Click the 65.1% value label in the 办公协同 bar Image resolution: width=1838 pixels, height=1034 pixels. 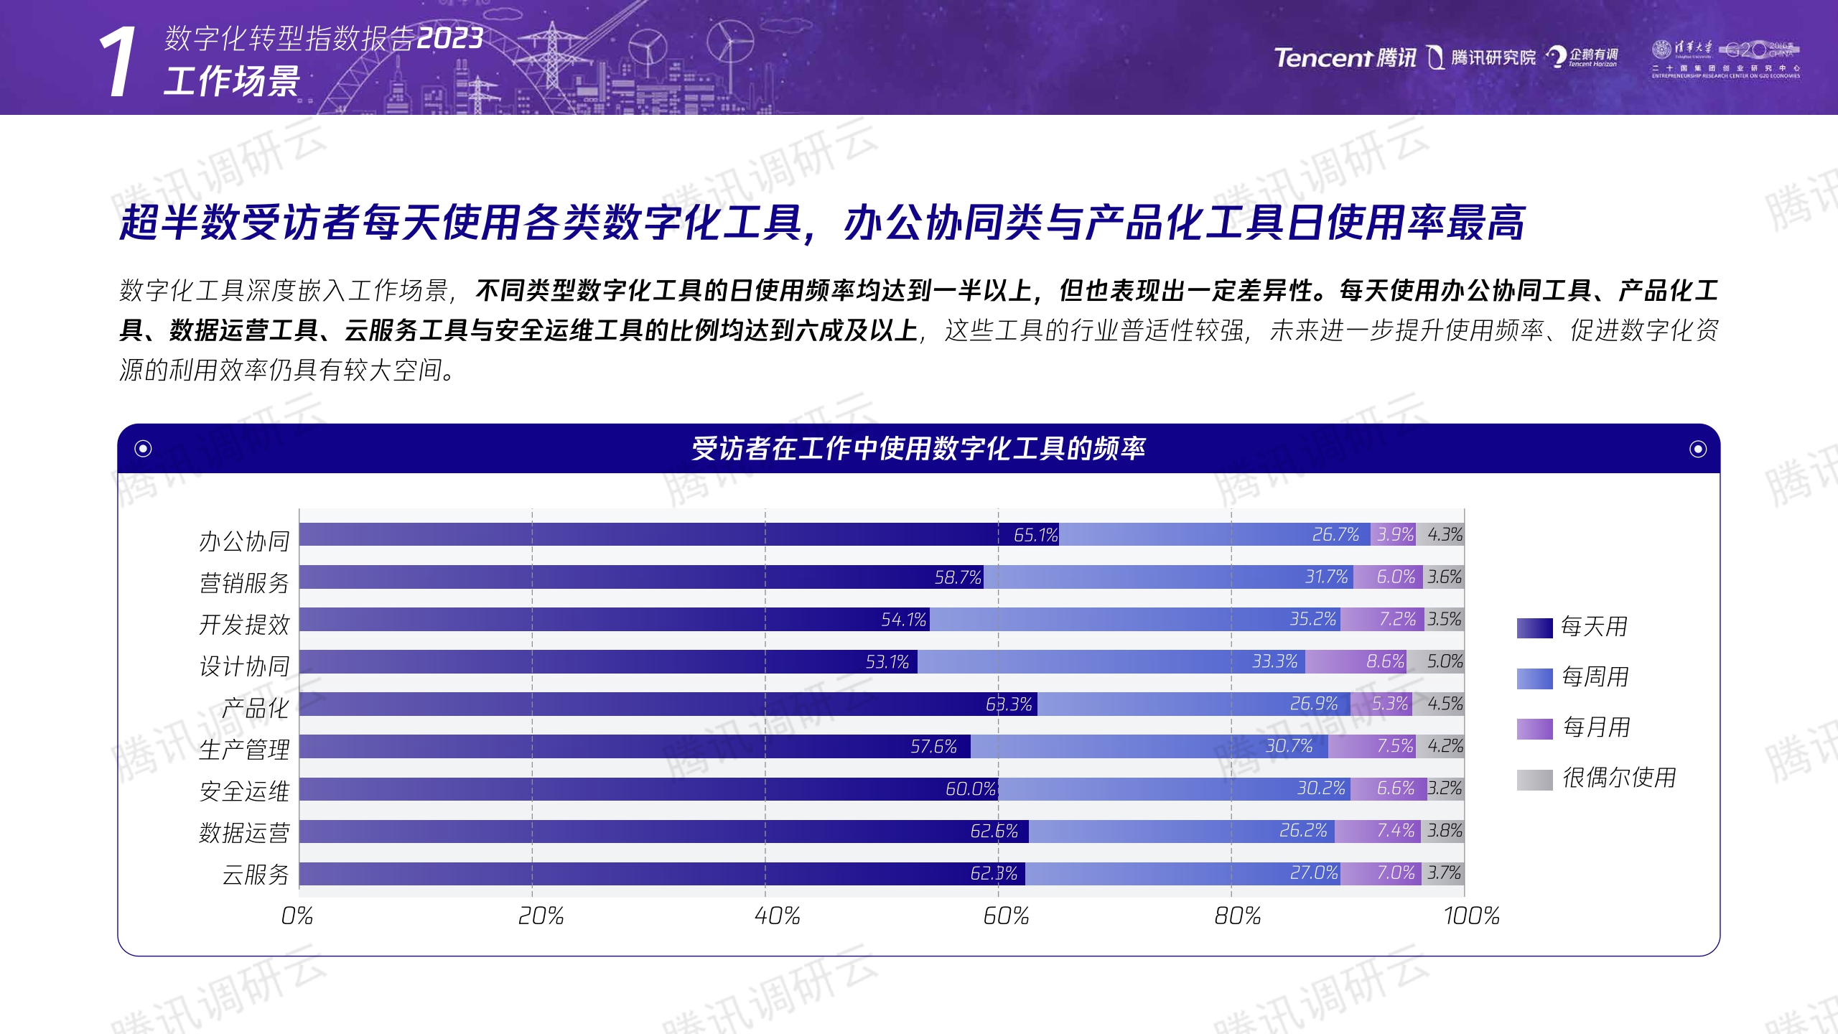(1035, 535)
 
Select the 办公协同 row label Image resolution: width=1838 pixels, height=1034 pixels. (244, 541)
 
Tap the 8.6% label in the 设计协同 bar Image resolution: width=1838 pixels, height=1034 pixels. (1385, 661)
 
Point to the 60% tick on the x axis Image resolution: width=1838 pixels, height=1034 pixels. (1006, 916)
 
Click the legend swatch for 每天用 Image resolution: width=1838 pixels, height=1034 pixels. (1534, 628)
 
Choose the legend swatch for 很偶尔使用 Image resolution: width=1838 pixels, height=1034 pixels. (1534, 779)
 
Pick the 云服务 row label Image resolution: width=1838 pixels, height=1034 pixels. (255, 875)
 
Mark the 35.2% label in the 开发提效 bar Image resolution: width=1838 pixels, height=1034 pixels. (1312, 619)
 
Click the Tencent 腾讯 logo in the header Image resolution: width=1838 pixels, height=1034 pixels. (1344, 57)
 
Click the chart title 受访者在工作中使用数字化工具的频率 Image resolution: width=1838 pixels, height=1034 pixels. (918, 449)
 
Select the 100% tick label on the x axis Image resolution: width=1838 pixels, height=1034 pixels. (1471, 916)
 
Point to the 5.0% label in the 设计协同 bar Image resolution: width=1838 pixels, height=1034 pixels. (1445, 661)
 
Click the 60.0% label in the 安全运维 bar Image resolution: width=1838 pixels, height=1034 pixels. (970, 789)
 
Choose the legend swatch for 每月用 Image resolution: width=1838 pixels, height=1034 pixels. (1534, 729)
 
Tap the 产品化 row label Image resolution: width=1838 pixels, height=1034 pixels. (255, 709)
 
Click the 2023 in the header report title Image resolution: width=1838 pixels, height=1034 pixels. (450, 39)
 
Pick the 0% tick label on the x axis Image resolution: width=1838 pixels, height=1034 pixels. (297, 916)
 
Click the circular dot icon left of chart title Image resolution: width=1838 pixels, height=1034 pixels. (143, 449)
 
